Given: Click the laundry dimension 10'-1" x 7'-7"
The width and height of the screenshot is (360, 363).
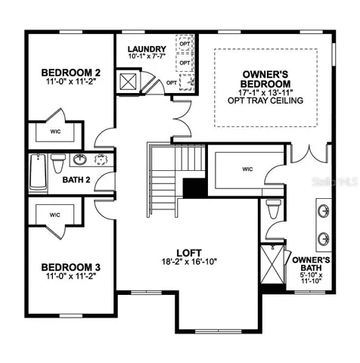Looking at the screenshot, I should tap(147, 56).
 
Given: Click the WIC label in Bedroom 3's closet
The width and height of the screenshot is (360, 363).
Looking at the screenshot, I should tap(54, 215).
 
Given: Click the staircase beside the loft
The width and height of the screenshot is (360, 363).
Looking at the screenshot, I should tap(164, 171).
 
